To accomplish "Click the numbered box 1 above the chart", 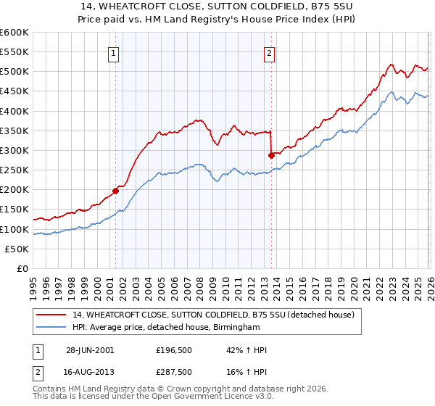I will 115,52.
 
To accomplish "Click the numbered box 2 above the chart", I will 269,52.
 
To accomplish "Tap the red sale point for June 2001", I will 115,191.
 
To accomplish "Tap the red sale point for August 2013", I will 271,155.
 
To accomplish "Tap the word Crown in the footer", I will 175,389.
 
